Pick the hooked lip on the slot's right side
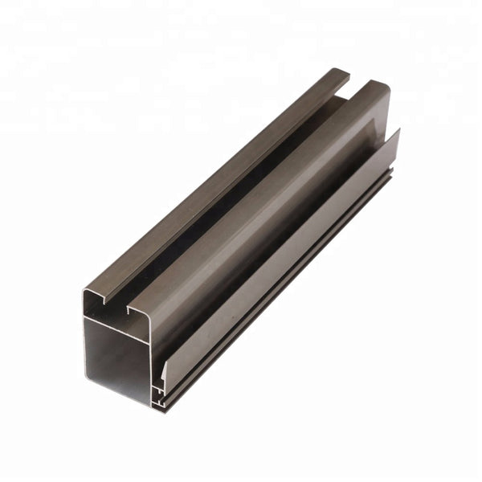[129, 309]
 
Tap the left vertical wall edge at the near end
[84, 345]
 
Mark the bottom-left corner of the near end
[84, 384]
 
